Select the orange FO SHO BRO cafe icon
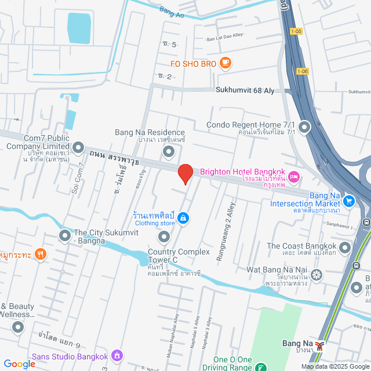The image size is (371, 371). click(x=224, y=63)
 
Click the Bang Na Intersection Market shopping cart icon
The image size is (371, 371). click(x=349, y=201)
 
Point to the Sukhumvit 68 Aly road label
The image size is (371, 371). click(x=245, y=90)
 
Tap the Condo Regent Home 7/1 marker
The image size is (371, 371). click(x=304, y=127)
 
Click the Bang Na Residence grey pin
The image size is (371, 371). click(x=169, y=152)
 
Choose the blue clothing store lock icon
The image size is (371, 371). click(x=183, y=218)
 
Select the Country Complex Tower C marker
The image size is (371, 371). click(x=164, y=237)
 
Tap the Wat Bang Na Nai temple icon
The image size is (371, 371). click(x=317, y=274)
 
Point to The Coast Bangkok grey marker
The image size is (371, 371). click(x=345, y=248)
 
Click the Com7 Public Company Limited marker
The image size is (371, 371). click(x=78, y=147)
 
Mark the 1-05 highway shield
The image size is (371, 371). click(x=297, y=32)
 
